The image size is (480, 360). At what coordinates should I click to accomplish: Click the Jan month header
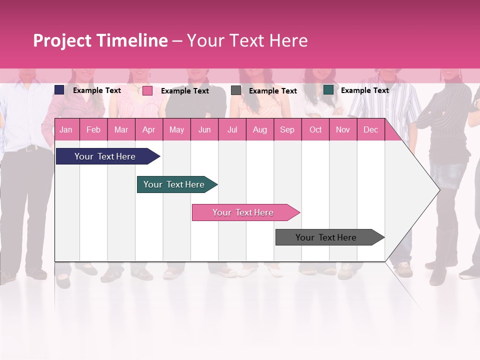[66, 129]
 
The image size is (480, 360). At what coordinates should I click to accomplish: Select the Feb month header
[93, 129]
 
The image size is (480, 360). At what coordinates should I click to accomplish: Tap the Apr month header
[148, 129]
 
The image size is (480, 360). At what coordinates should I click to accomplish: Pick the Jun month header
[204, 129]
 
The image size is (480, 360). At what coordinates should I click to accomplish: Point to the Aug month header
[259, 129]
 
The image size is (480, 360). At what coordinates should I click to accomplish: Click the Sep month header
[287, 129]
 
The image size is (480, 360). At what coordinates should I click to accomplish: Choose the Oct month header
[315, 129]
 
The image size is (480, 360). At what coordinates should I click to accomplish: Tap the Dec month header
[370, 129]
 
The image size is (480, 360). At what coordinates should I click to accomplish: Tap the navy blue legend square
[59, 90]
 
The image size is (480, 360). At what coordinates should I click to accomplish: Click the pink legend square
[147, 90]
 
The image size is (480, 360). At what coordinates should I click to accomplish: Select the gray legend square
[236, 90]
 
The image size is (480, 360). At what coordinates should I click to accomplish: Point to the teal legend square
[328, 90]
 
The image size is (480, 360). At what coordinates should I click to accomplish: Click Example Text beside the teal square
[364, 90]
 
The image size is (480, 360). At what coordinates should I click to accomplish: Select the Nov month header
[343, 129]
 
